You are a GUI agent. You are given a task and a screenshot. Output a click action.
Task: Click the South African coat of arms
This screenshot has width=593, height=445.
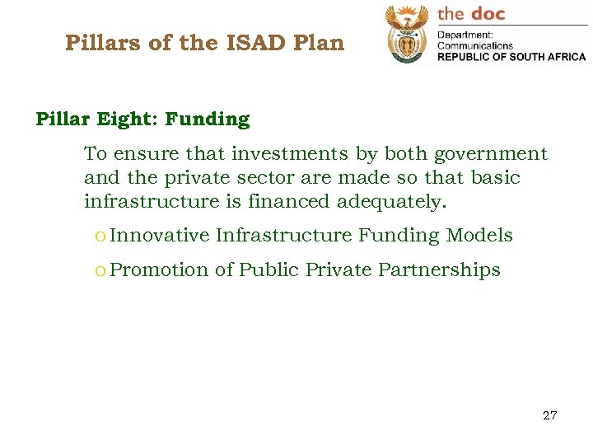coord(407,35)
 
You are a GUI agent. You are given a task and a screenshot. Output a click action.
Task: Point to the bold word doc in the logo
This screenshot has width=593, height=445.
coord(488,13)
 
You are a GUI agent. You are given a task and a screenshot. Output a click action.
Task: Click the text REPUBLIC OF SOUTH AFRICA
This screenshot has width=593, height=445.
coord(511,57)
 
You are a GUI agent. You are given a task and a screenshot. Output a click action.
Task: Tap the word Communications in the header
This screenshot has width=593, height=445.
coord(475,46)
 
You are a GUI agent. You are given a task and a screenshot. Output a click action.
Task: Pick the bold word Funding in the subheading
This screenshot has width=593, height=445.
coord(207,119)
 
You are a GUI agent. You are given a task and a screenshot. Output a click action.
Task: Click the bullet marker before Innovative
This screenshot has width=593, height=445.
coord(100,237)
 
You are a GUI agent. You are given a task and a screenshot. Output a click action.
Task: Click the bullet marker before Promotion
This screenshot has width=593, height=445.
coord(100,271)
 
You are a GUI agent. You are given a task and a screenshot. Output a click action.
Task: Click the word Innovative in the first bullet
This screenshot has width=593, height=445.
coord(160,236)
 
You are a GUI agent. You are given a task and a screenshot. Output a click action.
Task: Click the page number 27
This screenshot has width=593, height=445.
coord(549,415)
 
